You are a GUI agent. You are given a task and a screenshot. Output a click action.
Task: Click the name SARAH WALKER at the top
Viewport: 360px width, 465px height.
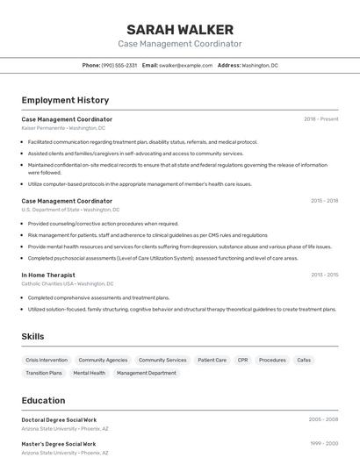(180, 29)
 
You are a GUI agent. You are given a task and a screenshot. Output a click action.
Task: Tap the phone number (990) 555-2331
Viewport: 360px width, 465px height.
(119, 65)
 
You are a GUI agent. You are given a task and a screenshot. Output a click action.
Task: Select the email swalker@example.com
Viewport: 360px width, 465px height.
(186, 65)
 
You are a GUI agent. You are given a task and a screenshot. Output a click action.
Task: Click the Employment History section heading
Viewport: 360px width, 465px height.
(65, 101)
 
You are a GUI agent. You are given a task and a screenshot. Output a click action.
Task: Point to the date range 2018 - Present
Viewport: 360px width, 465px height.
(321, 119)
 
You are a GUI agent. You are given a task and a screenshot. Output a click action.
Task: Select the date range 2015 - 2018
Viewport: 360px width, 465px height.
(324, 201)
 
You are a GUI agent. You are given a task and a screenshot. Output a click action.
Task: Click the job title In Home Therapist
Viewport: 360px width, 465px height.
(48, 275)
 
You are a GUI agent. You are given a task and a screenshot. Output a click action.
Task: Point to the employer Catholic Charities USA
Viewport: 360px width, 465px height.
(47, 283)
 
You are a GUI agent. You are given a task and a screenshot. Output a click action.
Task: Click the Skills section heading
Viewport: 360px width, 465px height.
(32, 336)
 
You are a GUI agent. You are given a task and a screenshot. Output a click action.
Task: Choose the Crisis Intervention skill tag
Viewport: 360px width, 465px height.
(47, 360)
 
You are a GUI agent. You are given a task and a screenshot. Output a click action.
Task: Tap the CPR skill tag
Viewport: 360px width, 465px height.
(242, 360)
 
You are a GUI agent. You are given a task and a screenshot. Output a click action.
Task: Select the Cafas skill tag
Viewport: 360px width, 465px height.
(304, 360)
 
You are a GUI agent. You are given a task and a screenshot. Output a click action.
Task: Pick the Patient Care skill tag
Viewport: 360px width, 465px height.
(212, 360)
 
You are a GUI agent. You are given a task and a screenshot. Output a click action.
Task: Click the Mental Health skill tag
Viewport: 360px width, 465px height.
(89, 373)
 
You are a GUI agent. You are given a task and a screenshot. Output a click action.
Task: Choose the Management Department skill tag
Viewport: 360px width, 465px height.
(147, 373)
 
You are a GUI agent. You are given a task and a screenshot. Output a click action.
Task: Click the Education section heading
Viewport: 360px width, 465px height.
(43, 400)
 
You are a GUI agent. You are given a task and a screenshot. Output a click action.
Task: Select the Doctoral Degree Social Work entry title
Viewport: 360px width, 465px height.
(59, 420)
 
